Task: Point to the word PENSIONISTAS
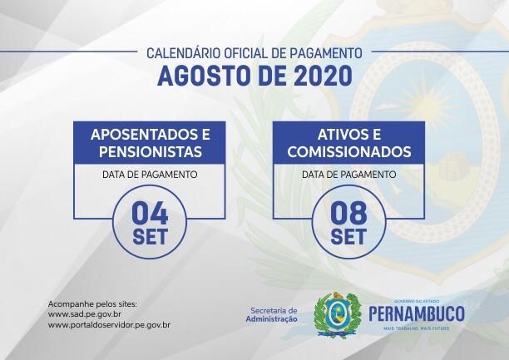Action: point(151,151)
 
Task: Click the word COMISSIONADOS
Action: point(349,151)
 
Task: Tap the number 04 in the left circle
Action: point(150,213)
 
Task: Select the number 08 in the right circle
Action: point(348,213)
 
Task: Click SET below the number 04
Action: point(150,237)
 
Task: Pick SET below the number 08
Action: point(348,237)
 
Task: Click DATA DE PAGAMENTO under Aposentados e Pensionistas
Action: point(150,175)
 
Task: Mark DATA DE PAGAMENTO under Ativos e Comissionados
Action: point(349,175)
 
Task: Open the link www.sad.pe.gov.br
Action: point(84,314)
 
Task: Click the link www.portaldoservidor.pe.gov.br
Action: point(109,325)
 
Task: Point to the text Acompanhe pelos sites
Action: point(92,304)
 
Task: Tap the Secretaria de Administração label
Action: point(272,315)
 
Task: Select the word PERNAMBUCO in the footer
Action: point(417,314)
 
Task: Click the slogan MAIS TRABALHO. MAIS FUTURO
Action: point(417,329)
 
